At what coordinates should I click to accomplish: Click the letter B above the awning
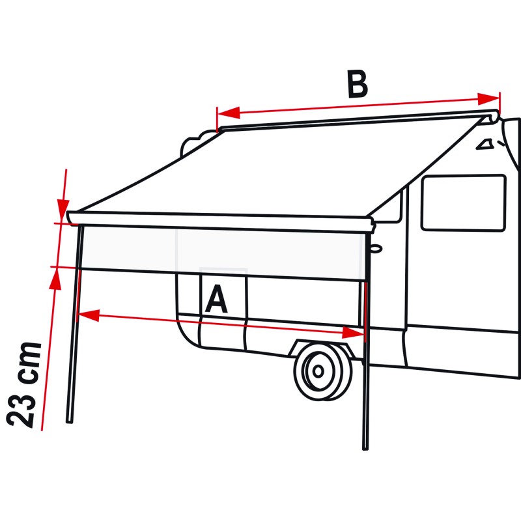point(357,84)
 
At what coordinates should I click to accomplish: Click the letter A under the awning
point(217,299)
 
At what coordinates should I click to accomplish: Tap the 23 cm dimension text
point(24,384)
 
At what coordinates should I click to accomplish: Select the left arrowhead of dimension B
point(229,113)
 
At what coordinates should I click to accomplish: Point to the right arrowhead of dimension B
point(488,99)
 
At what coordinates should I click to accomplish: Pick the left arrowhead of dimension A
point(89,315)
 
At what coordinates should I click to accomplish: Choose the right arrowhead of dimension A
point(353,333)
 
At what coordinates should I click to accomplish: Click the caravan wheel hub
point(318,371)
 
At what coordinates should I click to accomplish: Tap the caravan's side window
point(464,203)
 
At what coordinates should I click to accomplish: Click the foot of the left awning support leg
point(70,421)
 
